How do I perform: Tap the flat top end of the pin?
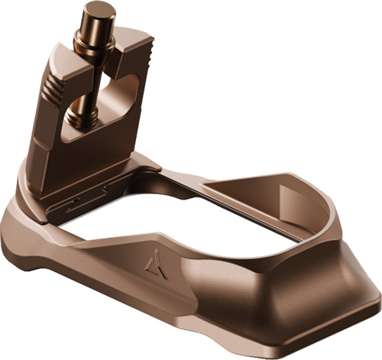point(99,10)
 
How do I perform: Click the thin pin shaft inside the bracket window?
point(89,84)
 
